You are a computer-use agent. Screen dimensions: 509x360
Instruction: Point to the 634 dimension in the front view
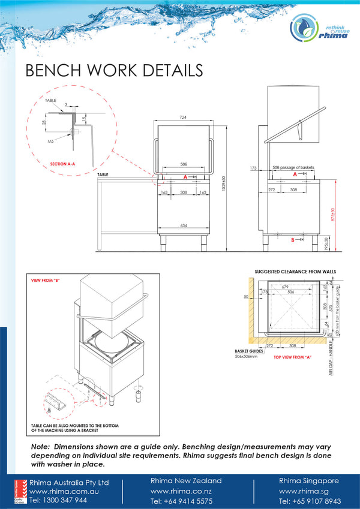184,225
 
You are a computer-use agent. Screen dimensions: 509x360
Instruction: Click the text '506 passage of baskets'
293,167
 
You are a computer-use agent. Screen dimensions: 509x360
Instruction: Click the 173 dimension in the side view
253,168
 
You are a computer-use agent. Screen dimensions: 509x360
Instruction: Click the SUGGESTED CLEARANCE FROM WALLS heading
295,272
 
